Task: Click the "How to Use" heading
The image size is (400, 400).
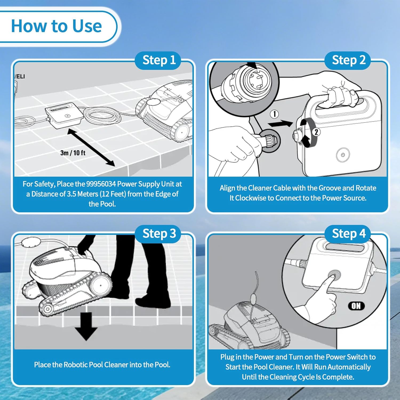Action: (56, 26)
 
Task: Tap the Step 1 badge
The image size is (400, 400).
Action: (159, 60)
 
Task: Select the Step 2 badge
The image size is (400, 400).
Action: (349, 60)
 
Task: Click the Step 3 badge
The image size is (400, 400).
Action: (159, 234)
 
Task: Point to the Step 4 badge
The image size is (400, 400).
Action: (349, 234)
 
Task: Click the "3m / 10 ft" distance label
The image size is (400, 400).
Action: (73, 153)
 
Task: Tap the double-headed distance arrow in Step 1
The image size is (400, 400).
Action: (91, 147)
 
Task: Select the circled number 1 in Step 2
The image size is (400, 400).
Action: (274, 114)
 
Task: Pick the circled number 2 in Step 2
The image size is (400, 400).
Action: (316, 132)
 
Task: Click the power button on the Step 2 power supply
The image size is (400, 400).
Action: (343, 155)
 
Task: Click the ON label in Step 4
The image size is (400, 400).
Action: (356, 306)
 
